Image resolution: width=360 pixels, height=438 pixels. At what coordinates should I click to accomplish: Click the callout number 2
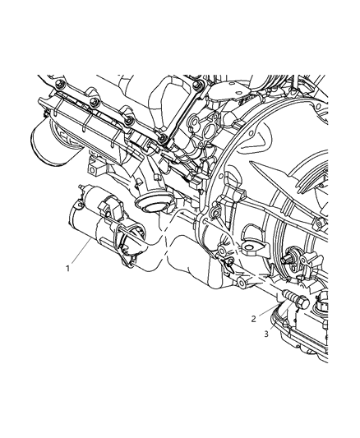(x=255, y=319)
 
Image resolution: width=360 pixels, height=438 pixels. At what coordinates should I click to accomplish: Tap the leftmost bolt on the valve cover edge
(x=60, y=85)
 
